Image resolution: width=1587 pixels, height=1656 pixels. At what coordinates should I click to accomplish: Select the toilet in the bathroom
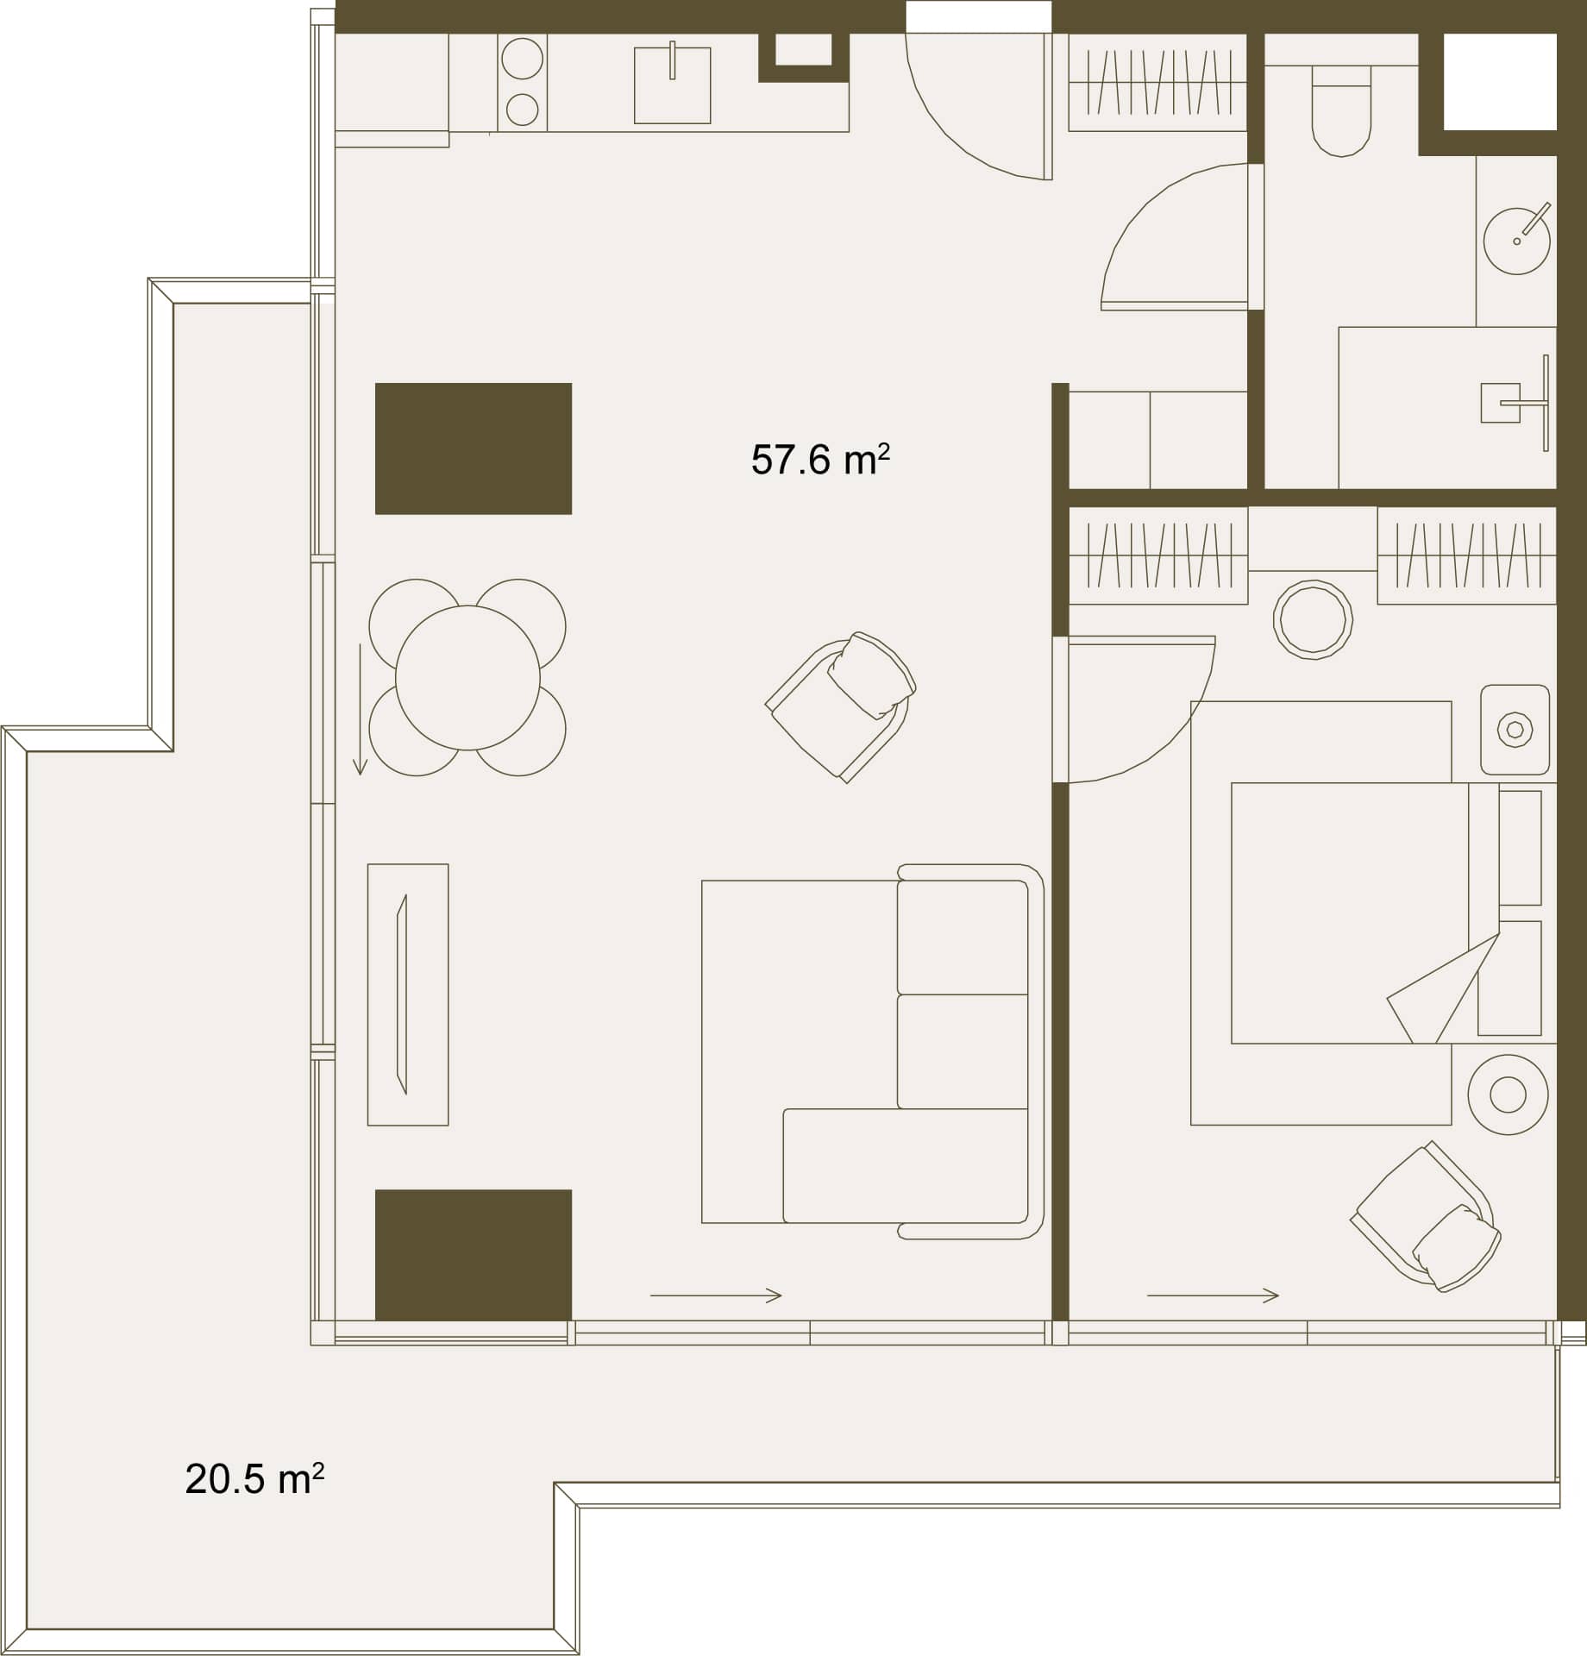[x=1341, y=111]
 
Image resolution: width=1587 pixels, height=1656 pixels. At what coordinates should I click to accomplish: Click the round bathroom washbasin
[x=1516, y=241]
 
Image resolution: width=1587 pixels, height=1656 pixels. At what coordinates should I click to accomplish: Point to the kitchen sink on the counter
[x=672, y=85]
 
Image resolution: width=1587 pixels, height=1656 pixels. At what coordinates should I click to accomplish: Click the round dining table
[x=467, y=678]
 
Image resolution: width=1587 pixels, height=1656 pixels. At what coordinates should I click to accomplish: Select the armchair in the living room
[x=841, y=706]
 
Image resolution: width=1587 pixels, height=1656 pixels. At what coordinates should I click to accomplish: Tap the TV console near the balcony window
[x=408, y=994]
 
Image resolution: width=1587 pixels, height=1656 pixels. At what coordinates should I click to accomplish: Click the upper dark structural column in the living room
[x=474, y=448]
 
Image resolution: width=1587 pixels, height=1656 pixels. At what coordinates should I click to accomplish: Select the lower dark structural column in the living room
[x=474, y=1254]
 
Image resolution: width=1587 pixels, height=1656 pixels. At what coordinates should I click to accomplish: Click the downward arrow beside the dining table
[x=361, y=709]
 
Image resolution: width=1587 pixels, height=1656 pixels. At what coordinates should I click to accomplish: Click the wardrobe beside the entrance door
[x=1157, y=83]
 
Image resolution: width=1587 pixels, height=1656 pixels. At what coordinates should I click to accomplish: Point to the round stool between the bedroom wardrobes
[x=1313, y=619]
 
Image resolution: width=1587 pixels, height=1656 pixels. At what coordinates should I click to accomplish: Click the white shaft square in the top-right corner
[x=1500, y=82]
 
